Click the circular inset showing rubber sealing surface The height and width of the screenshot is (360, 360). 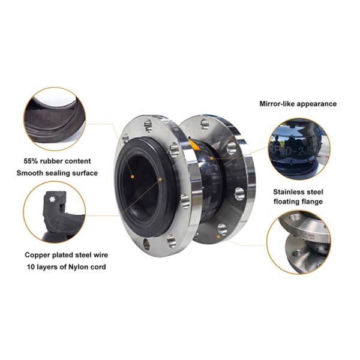pos(54,118)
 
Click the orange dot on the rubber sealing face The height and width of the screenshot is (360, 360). pos(160,178)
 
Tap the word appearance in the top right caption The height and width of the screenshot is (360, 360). pos(319,103)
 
